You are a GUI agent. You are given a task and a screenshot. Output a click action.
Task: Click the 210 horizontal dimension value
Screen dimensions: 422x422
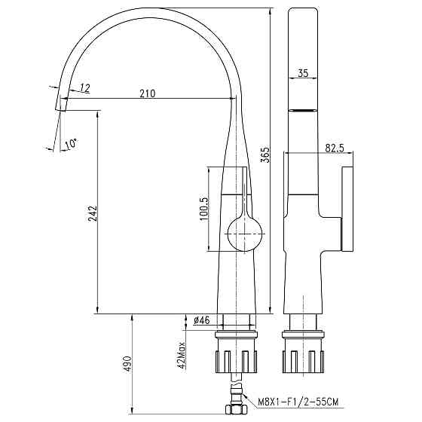point(147,93)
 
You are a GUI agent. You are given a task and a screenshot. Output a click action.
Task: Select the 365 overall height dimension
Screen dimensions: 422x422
point(265,154)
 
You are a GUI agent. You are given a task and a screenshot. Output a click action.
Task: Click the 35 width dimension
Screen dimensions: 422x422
point(303,73)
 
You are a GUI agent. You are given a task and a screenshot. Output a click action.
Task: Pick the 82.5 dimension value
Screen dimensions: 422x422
point(335,148)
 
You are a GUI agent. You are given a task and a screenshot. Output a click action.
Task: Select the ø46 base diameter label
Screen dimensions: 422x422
point(201,320)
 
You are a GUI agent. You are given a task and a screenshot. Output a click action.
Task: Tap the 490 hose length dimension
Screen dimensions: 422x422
point(127,364)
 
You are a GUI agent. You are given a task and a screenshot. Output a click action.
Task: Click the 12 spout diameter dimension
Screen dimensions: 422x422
point(84,89)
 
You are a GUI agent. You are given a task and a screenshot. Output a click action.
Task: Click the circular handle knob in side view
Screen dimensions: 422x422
point(244,231)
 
